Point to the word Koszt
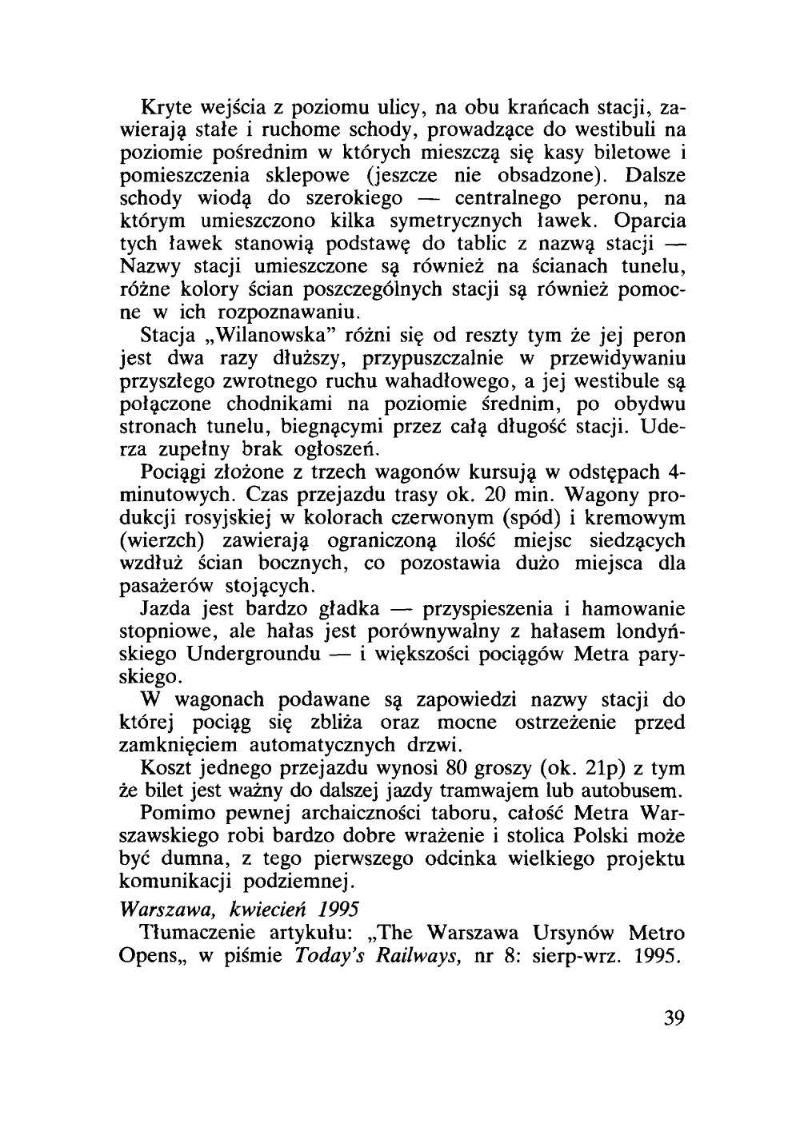point(166,769)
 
